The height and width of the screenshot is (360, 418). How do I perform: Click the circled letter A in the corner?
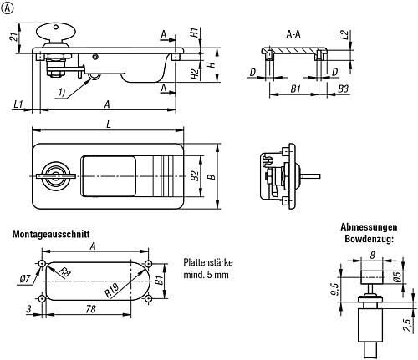[7, 8]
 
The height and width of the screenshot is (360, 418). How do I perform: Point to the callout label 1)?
[62, 92]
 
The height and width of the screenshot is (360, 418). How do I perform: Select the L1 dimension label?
[18, 104]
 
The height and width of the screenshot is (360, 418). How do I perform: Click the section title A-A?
[293, 34]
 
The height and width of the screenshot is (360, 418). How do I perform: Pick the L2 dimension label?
[344, 35]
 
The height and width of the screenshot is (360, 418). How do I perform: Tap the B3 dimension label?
[343, 89]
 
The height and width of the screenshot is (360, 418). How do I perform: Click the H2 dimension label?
[196, 74]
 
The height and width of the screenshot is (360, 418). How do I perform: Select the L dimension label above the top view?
[109, 124]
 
